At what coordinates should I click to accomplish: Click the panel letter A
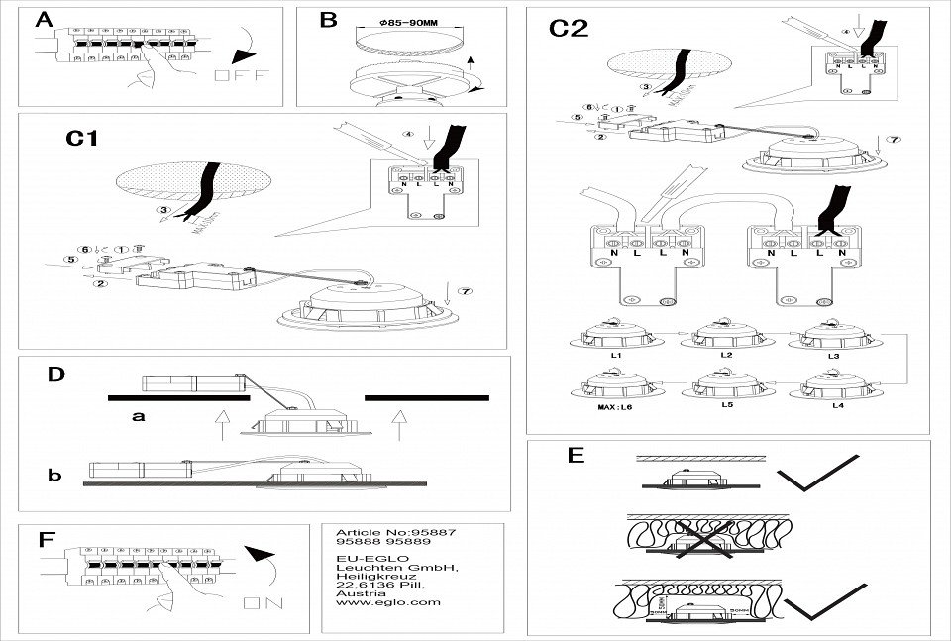(43, 20)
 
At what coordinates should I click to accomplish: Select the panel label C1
(81, 139)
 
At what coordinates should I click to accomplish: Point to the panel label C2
(569, 29)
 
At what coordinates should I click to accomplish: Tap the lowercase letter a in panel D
(139, 417)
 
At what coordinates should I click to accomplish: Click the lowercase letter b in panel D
(54, 476)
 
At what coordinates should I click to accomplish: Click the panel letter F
(45, 540)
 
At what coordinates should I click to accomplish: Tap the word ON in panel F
(262, 601)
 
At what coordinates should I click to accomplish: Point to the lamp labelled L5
(721, 387)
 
